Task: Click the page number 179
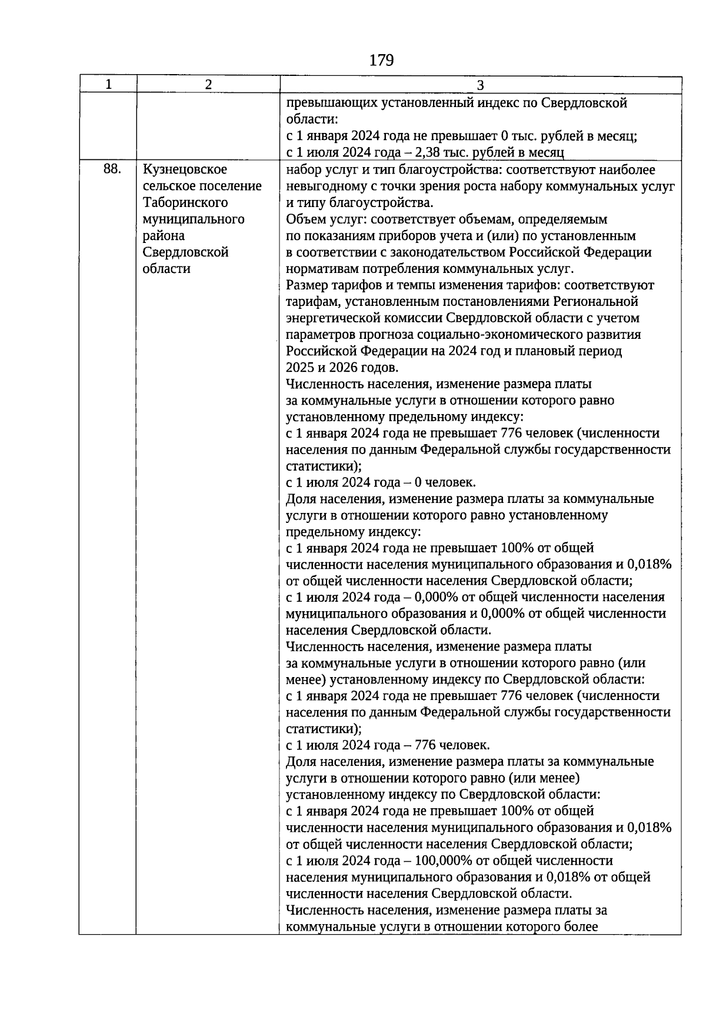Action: pos(381,60)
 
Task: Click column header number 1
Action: pos(108,85)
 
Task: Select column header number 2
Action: pos(208,85)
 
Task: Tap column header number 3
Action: pos(480,85)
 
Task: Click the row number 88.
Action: pos(112,169)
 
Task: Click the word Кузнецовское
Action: pos(185,169)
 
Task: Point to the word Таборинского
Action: pos(185,202)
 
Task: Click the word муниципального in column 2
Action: pos(193,219)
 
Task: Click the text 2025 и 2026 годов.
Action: pos(342,368)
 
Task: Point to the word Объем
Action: pos(304,219)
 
